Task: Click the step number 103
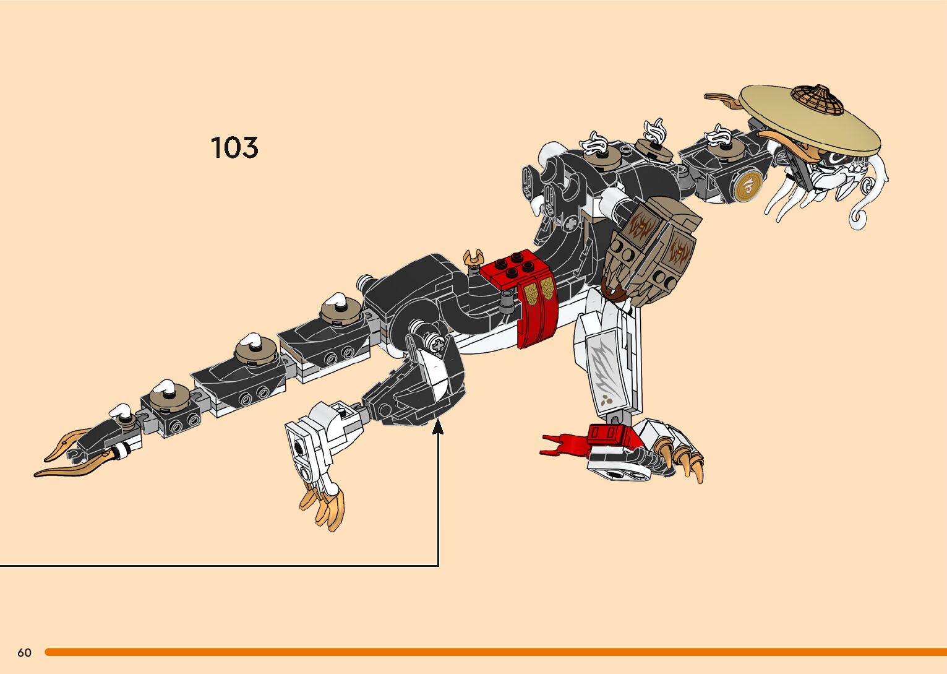point(234,148)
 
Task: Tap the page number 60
point(24,652)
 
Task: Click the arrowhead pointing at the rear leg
point(439,425)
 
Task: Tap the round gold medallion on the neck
point(749,185)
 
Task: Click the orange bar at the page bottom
point(495,652)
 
